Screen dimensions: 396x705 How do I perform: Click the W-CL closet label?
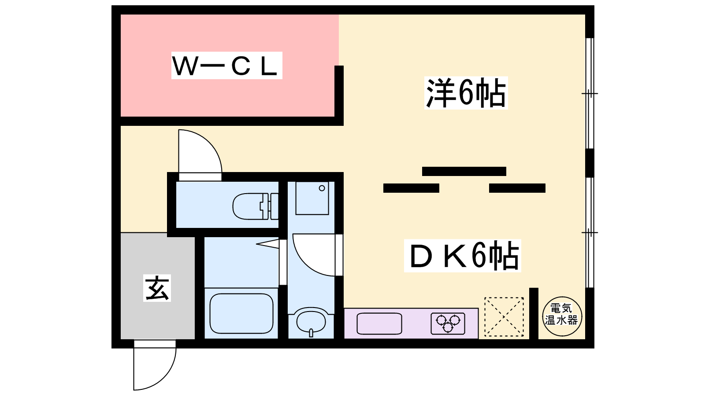click(226, 66)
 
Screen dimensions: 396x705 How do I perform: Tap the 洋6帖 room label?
click(466, 93)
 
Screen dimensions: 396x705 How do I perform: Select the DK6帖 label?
click(463, 256)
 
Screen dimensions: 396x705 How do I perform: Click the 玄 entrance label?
click(157, 288)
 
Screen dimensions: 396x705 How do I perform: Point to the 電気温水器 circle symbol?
click(561, 316)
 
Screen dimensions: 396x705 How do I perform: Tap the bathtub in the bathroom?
click(241, 313)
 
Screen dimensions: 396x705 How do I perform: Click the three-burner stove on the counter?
click(448, 324)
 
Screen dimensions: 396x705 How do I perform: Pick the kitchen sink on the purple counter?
click(379, 324)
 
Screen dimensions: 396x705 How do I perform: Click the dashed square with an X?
click(504, 317)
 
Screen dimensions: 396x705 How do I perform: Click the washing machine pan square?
click(312, 198)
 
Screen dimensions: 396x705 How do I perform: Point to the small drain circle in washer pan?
click(322, 188)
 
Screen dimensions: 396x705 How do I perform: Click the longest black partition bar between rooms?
click(464, 171)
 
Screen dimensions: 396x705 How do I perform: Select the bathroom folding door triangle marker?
click(267, 243)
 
